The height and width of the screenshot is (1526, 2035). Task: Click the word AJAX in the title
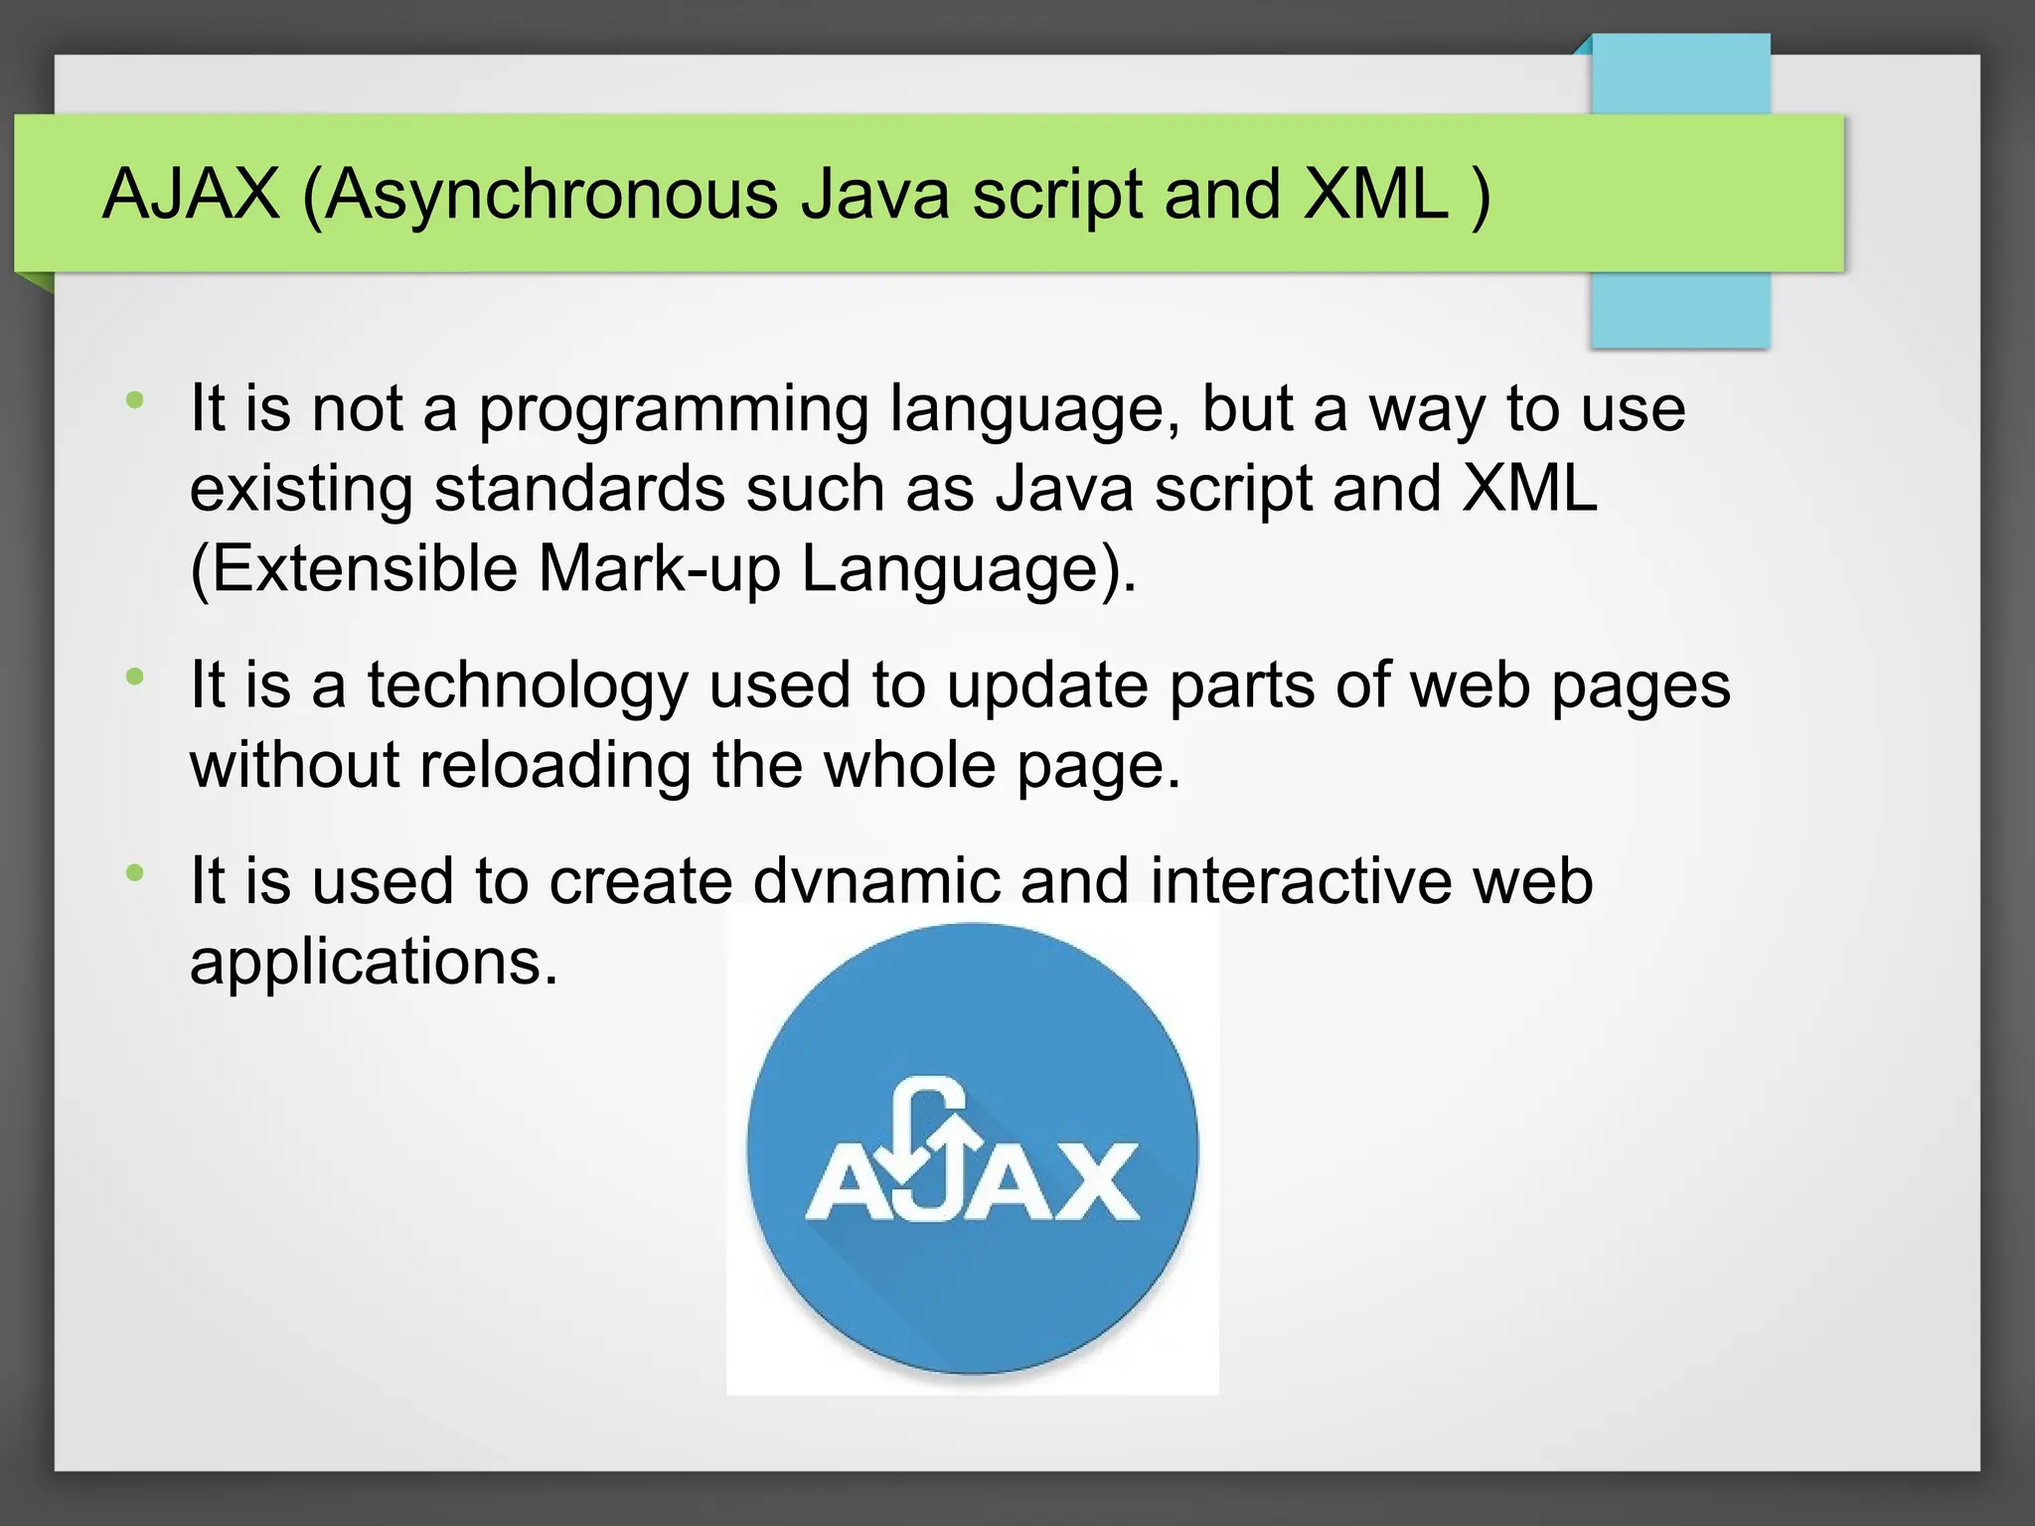click(191, 194)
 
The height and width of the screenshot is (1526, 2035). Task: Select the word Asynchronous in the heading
click(551, 196)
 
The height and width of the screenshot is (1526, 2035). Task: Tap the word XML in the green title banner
click(1375, 194)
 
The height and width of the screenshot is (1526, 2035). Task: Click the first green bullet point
click(135, 401)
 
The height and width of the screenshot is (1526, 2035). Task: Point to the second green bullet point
click(135, 678)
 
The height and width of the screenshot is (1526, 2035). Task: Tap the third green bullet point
click(135, 873)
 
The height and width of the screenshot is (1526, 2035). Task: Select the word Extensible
click(354, 569)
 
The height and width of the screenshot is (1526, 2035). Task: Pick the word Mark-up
click(660, 571)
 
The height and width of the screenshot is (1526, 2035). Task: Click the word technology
click(528, 687)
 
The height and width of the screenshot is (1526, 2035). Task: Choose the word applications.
click(374, 963)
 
